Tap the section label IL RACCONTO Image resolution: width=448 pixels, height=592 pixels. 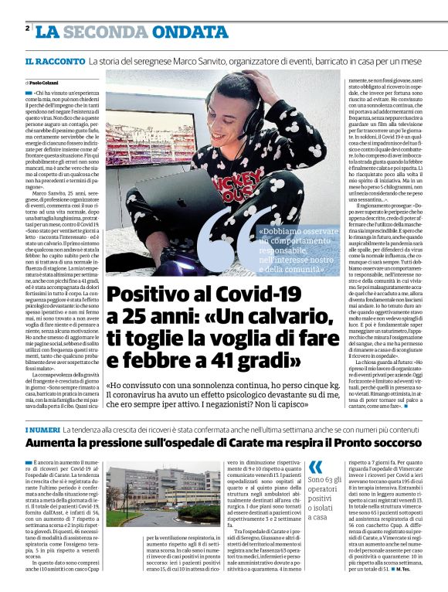(x=54, y=60)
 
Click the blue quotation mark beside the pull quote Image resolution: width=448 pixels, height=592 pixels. (x=315, y=468)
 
